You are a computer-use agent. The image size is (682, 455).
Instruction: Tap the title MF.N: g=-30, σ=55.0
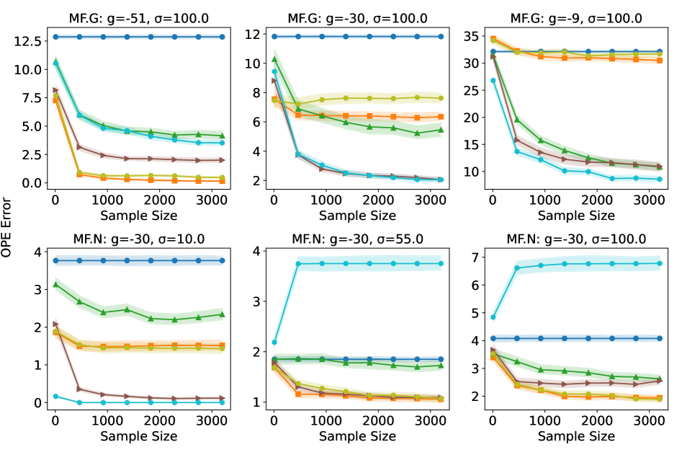[355, 239]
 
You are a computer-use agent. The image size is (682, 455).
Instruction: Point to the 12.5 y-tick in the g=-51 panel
[27, 41]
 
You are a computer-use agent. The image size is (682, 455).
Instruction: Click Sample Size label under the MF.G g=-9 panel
[573, 215]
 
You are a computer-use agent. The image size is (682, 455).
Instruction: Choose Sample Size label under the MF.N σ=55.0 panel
[355, 436]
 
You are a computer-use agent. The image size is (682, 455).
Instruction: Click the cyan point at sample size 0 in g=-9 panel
[493, 80]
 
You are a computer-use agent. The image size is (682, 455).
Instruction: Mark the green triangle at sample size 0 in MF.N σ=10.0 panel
[55, 285]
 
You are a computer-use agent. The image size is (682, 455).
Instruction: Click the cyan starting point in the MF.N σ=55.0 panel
[274, 343]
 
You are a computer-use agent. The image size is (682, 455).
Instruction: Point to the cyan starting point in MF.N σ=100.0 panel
[493, 317]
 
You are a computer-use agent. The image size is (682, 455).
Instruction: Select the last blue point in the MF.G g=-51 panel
[222, 37]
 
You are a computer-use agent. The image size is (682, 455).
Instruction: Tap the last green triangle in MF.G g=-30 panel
[441, 131]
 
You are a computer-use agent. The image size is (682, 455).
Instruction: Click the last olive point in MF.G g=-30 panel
[441, 98]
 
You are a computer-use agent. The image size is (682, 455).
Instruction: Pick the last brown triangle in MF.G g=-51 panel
[222, 160]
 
